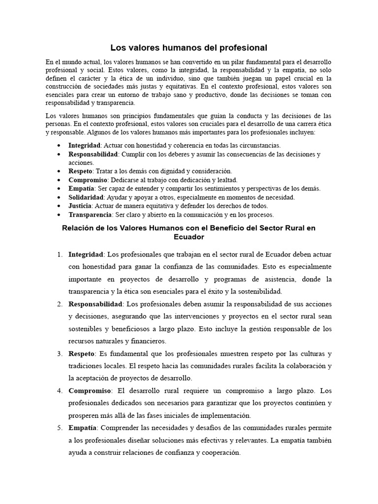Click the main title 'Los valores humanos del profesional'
tap(189, 48)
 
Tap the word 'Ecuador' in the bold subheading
tap(189, 237)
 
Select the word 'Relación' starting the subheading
tap(78, 228)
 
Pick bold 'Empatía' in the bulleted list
tap(81, 189)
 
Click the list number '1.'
tap(59, 254)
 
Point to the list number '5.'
tap(59, 428)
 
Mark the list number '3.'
tap(59, 353)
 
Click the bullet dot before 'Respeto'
tap(59, 171)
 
